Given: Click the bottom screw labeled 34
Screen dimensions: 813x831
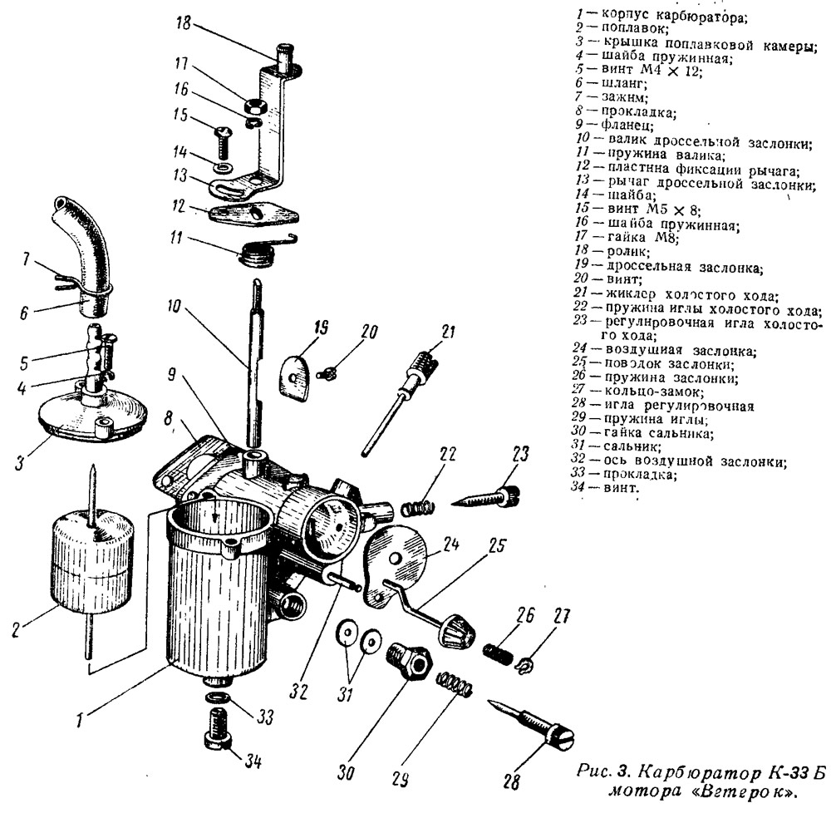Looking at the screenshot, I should click(218, 732).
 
